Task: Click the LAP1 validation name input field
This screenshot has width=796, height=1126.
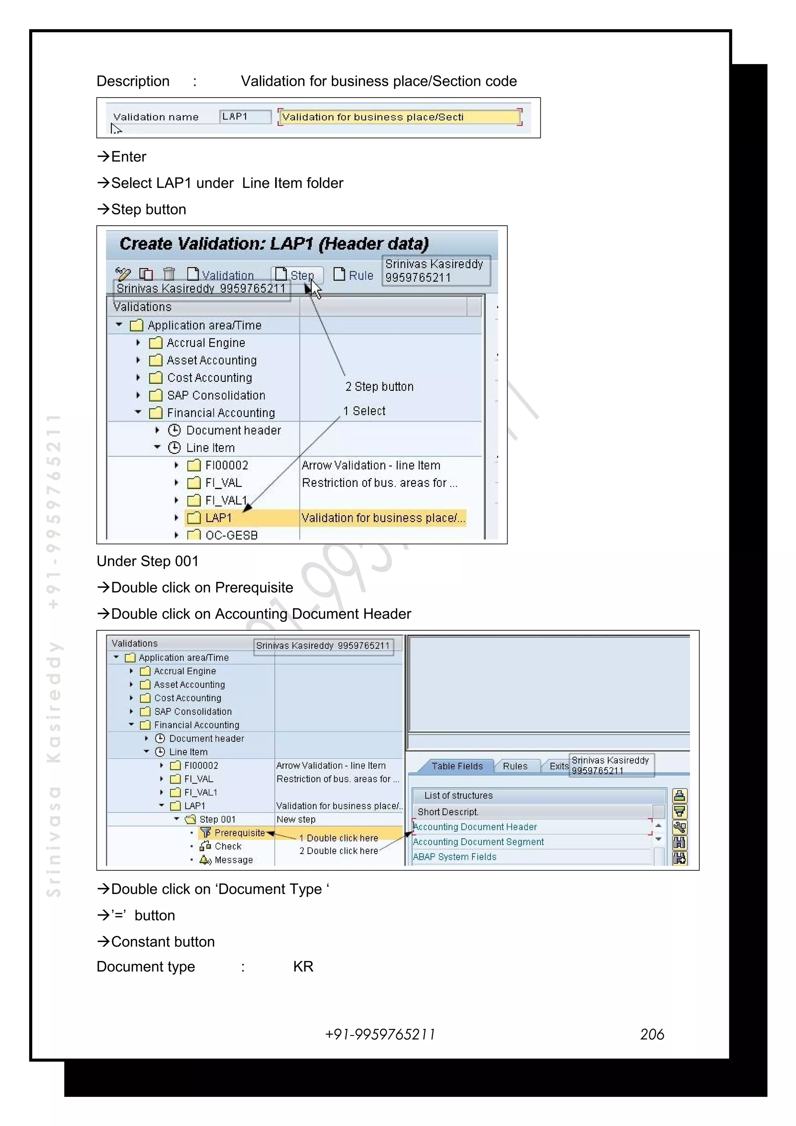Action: tap(245, 117)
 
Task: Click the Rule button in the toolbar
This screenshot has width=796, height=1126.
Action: tap(354, 275)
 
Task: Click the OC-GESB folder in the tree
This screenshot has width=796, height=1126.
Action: tap(230, 535)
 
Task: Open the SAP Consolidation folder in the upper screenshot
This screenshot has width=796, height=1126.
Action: tap(215, 395)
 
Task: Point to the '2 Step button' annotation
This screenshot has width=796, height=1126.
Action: tap(379, 387)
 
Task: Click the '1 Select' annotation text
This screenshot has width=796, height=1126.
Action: tap(365, 411)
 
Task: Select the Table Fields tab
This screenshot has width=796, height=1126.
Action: tap(457, 766)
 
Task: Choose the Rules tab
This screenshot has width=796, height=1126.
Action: tap(515, 766)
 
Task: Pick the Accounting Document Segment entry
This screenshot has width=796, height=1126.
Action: tap(478, 842)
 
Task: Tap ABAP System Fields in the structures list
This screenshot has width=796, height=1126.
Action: tap(455, 857)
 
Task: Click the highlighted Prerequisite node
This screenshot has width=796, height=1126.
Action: tap(239, 833)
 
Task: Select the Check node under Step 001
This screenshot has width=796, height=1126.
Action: tap(228, 847)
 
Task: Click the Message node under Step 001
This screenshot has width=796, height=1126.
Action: tap(234, 860)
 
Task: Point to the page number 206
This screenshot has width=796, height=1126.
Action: tap(652, 1034)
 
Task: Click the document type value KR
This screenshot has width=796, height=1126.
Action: tap(303, 967)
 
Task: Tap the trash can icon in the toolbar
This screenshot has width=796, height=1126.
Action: tap(169, 274)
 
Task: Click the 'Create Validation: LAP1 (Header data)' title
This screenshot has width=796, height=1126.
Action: tap(274, 244)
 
